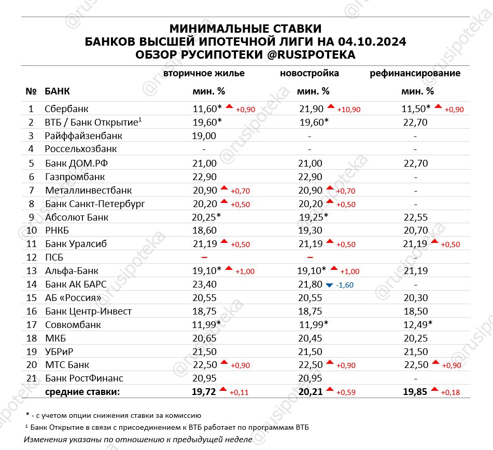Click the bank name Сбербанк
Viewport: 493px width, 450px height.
pyautogui.click(x=67, y=108)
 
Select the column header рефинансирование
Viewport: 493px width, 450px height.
pyautogui.click(x=415, y=73)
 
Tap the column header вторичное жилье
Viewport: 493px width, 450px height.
pyautogui.click(x=204, y=73)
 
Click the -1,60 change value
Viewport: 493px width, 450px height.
pyautogui.click(x=345, y=285)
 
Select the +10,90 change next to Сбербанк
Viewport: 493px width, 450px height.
pyautogui.click(x=348, y=110)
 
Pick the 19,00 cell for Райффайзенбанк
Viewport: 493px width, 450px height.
pyautogui.click(x=204, y=136)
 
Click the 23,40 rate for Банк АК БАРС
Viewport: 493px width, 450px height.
pyautogui.click(x=204, y=284)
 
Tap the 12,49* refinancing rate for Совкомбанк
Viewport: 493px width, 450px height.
pyautogui.click(x=417, y=325)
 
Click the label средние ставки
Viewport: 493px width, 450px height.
pyautogui.click(x=82, y=392)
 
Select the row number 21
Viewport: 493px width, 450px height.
pyautogui.click(x=31, y=378)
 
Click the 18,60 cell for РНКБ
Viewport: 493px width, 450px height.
pyautogui.click(x=204, y=230)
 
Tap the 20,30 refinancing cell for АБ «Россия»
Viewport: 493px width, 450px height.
pyautogui.click(x=415, y=298)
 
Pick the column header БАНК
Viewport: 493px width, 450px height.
pyautogui.click(x=58, y=91)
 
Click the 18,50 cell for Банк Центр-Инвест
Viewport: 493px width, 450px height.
pyautogui.click(x=415, y=311)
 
